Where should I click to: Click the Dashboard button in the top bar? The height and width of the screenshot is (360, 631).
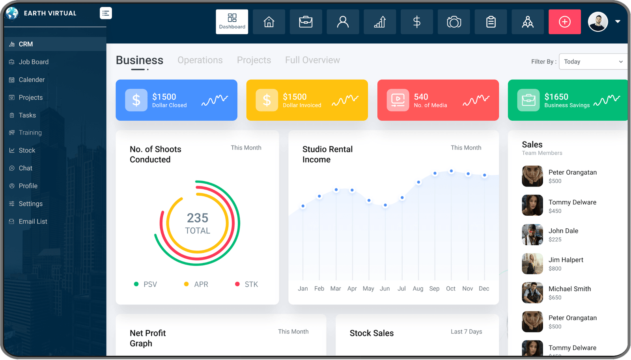[x=232, y=22]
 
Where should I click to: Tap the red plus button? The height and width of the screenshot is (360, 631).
[x=564, y=22]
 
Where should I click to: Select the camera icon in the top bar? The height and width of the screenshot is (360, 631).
[x=454, y=22]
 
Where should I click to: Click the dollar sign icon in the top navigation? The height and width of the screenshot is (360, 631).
[x=417, y=22]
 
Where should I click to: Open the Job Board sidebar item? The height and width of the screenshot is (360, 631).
[x=34, y=62]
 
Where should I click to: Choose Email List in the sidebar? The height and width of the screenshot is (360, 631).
[x=33, y=222]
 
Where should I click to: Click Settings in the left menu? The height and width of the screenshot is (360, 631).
[x=30, y=204]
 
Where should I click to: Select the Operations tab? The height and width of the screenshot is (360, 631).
[x=200, y=60]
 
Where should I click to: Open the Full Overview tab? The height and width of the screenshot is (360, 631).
[x=312, y=60]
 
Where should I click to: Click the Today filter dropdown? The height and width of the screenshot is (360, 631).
[x=593, y=62]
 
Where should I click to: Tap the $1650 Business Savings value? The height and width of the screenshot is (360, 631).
[x=556, y=97]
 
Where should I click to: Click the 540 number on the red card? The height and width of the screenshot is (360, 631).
[x=421, y=97]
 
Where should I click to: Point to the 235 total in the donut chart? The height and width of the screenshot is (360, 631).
[x=198, y=218]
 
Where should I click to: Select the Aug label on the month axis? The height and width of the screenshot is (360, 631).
[x=418, y=289]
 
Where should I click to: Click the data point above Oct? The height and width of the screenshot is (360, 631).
[x=451, y=171]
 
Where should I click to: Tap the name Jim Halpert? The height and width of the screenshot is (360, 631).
[x=566, y=260]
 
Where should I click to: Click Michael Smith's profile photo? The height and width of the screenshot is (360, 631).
[x=532, y=293]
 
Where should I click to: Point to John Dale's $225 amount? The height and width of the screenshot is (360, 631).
[x=555, y=239]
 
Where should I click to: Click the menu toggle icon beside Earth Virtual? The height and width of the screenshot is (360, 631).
[x=106, y=13]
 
